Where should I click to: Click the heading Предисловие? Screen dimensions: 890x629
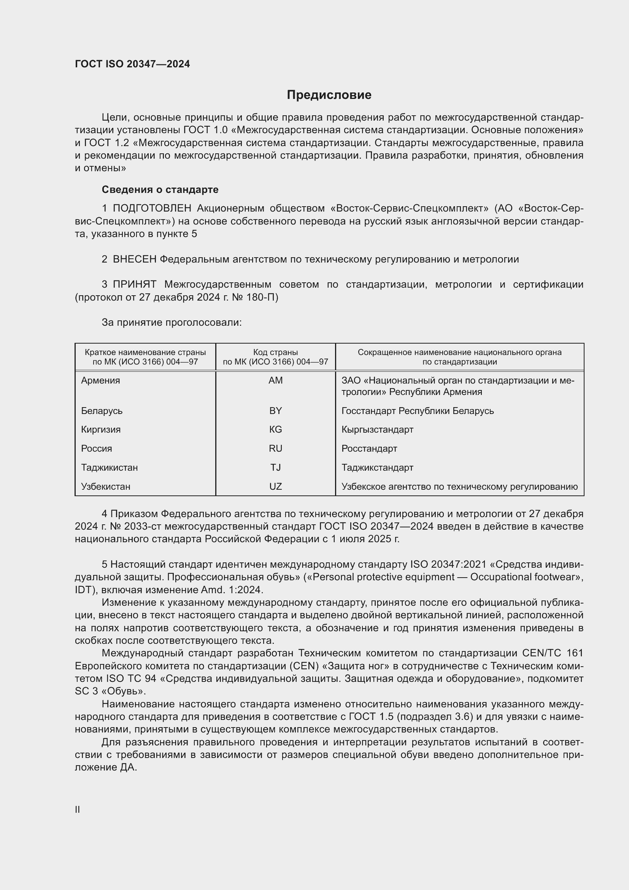click(x=329, y=95)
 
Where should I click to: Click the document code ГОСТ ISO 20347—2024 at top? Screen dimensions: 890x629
click(x=132, y=64)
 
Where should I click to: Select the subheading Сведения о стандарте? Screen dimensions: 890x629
click(x=160, y=189)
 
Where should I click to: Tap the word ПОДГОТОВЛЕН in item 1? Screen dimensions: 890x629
click(x=152, y=209)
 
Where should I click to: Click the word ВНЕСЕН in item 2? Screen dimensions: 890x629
click(x=134, y=260)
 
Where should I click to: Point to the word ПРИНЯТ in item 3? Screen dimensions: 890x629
click(x=134, y=285)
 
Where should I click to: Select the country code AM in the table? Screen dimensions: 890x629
click(x=275, y=381)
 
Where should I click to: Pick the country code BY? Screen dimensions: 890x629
click(x=275, y=411)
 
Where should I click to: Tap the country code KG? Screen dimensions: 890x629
click(x=275, y=430)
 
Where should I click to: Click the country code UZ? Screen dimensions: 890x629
click(x=275, y=487)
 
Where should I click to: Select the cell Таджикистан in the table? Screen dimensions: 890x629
click(x=109, y=468)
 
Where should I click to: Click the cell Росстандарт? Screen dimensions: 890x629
click(x=369, y=449)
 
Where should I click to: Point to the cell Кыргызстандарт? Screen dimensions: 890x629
click(x=377, y=430)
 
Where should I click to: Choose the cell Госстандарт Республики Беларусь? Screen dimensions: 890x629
click(x=418, y=411)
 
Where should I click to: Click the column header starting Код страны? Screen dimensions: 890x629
click(x=275, y=357)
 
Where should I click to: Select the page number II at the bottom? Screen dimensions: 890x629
click(x=78, y=809)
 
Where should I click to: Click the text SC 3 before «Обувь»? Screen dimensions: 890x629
click(x=86, y=691)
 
